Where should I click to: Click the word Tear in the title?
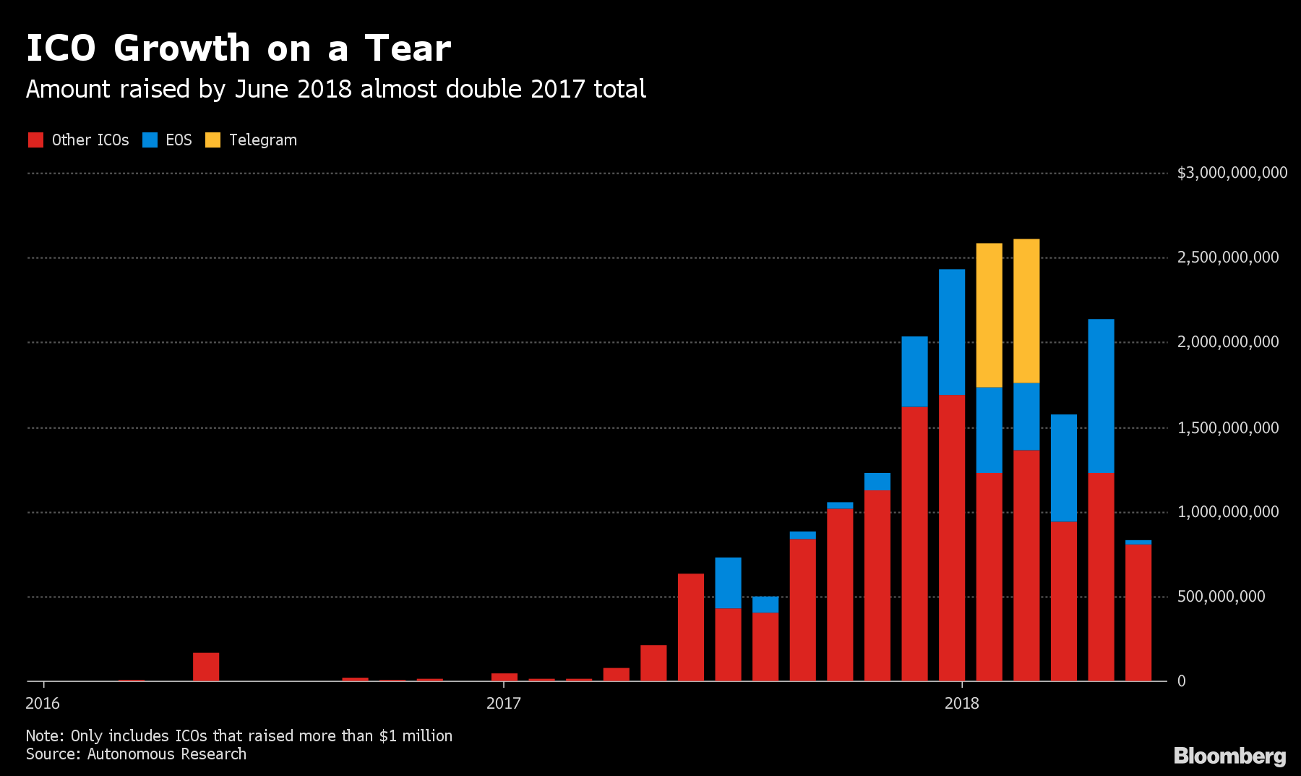[408, 49]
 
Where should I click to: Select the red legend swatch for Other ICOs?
[35, 140]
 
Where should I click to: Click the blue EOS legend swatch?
[150, 140]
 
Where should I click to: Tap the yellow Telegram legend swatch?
[212, 140]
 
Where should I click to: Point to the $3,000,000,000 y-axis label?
[1232, 173]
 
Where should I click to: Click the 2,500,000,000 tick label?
[1227, 257]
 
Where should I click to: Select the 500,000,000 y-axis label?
[1221, 597]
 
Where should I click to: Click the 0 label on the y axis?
[1181, 681]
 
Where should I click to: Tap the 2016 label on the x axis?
[43, 704]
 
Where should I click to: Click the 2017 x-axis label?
[503, 704]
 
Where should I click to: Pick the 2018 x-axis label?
[961, 704]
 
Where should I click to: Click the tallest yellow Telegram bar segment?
[1026, 311]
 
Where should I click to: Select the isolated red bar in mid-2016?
[206, 667]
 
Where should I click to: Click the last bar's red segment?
[1138, 613]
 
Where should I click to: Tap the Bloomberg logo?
[1229, 756]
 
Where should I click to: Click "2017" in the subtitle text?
[557, 89]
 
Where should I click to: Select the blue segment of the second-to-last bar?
[1101, 396]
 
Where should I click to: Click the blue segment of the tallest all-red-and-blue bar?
[952, 332]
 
